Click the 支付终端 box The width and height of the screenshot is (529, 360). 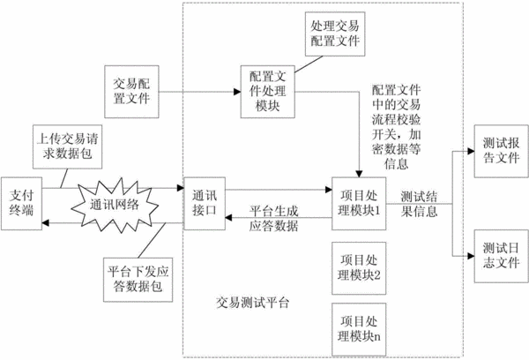click(21, 204)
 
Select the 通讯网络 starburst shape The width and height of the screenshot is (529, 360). click(115, 205)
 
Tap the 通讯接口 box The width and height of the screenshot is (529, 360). click(205, 204)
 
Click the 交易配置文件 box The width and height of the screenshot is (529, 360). click(131, 92)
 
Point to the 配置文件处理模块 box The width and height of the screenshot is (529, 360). click(267, 92)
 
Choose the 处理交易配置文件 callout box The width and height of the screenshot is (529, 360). click(335, 34)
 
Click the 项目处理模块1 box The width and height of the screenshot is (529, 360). click(359, 204)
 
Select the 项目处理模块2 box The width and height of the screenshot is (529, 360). click(359, 268)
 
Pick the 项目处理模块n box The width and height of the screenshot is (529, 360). click(359, 329)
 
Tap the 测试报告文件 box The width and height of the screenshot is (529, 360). click(502, 151)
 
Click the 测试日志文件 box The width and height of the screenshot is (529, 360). click(502, 256)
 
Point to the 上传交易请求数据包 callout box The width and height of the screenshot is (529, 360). click(68, 146)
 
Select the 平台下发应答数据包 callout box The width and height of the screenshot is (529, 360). click(138, 280)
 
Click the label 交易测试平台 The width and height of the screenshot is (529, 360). click(253, 303)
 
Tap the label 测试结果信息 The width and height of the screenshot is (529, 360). click(419, 204)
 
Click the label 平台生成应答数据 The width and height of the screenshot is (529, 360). click(274, 218)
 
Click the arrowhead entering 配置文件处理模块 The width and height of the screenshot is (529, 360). click(237, 92)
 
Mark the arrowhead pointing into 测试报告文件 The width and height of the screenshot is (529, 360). click(471, 151)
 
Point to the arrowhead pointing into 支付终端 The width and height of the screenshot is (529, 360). click(46, 223)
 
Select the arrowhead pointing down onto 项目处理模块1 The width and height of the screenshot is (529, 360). click(359, 174)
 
